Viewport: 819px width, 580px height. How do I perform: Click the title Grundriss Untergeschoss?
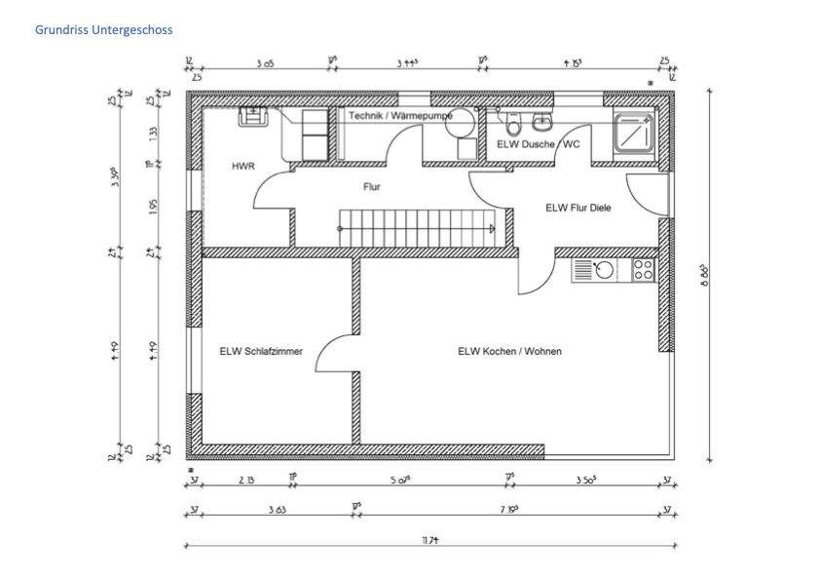[x=103, y=30]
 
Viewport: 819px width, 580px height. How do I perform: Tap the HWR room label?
[x=242, y=167]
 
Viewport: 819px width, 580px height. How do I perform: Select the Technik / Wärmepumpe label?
[x=400, y=115]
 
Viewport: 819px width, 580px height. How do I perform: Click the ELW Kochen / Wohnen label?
[x=509, y=352]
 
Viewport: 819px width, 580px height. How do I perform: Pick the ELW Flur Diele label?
[x=577, y=208]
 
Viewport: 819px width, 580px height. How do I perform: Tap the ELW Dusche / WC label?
[x=539, y=144]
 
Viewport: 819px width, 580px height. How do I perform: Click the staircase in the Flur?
[x=416, y=229]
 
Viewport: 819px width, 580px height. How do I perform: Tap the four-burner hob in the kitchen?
[x=644, y=270]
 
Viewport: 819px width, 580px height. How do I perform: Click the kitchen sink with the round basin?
[x=595, y=270]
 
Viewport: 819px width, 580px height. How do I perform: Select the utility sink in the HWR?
[x=255, y=117]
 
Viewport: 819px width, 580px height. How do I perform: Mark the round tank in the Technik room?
[x=465, y=122]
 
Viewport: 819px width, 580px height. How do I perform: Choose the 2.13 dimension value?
[x=246, y=480]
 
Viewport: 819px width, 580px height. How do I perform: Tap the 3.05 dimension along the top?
[x=264, y=63]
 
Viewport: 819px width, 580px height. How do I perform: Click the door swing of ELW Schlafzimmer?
[x=334, y=353]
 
